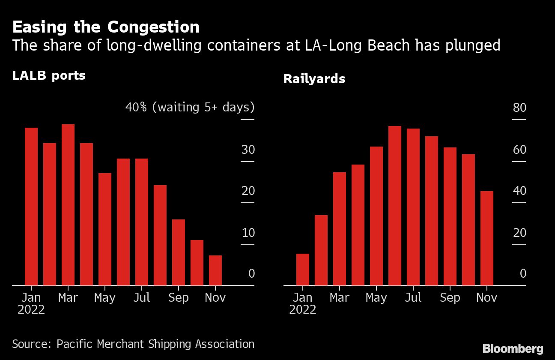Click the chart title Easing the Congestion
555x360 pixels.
click(x=106, y=27)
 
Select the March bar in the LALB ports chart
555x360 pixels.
click(x=68, y=204)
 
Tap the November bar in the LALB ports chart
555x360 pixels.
click(x=215, y=270)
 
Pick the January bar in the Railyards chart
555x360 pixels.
click(x=303, y=269)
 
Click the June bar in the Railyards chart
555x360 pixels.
click(x=395, y=205)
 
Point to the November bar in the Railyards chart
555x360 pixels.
click(x=487, y=238)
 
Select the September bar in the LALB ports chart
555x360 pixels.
click(x=179, y=252)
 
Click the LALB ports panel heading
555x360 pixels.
click(x=49, y=76)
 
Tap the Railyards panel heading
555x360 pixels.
click(x=314, y=79)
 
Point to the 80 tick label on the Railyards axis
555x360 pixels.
click(x=519, y=108)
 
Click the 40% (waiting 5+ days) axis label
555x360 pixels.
click(x=190, y=107)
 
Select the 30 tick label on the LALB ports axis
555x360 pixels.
click(x=248, y=150)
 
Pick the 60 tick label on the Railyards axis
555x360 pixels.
click(x=519, y=150)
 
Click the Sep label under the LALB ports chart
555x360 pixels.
click(x=179, y=297)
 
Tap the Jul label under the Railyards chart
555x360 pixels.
click(x=413, y=297)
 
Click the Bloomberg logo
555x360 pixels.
click(x=513, y=348)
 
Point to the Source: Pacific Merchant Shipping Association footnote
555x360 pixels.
click(x=133, y=344)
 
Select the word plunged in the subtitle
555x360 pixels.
click(x=474, y=45)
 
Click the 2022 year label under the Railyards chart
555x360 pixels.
click(x=303, y=309)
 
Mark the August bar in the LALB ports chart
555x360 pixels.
click(x=160, y=235)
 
